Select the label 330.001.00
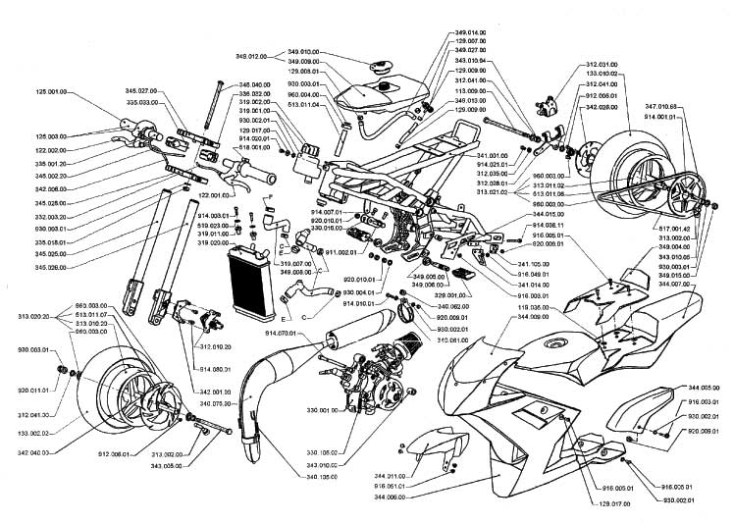(x=292, y=411)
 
